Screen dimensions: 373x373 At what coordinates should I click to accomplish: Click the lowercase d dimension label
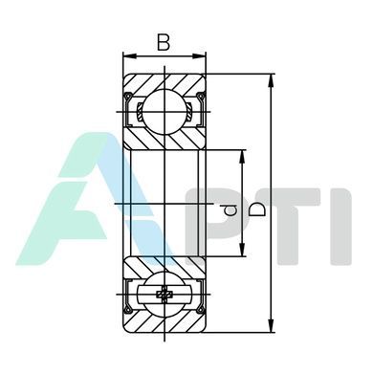pyautogui.click(x=230, y=209)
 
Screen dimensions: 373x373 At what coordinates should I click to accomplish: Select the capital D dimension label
pyautogui.click(x=257, y=209)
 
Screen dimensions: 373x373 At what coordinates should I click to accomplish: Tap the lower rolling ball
pyautogui.click(x=165, y=294)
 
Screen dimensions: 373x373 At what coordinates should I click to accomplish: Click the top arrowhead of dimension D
pyautogui.click(x=271, y=80)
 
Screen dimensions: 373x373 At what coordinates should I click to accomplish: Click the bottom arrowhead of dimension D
pyautogui.click(x=271, y=326)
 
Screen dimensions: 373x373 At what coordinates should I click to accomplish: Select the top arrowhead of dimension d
pyautogui.click(x=243, y=156)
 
